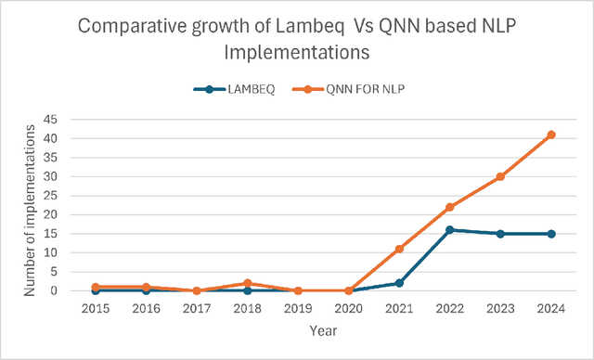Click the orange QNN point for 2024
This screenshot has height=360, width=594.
click(x=551, y=135)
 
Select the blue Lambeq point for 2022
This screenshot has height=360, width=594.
click(x=449, y=229)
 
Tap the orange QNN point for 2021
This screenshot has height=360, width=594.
click(x=399, y=249)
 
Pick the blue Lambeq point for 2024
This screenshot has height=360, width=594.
click(x=551, y=234)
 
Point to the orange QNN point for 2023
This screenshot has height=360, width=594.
click(x=500, y=176)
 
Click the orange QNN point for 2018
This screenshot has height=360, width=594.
click(x=247, y=283)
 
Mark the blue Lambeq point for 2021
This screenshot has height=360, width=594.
click(x=399, y=283)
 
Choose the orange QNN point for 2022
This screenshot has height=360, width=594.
click(x=449, y=207)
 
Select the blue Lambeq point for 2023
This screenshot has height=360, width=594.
click(x=500, y=234)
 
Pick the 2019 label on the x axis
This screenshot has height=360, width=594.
click(x=297, y=308)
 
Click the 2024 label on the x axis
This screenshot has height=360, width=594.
click(x=551, y=308)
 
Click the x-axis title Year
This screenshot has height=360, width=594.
click(x=322, y=328)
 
